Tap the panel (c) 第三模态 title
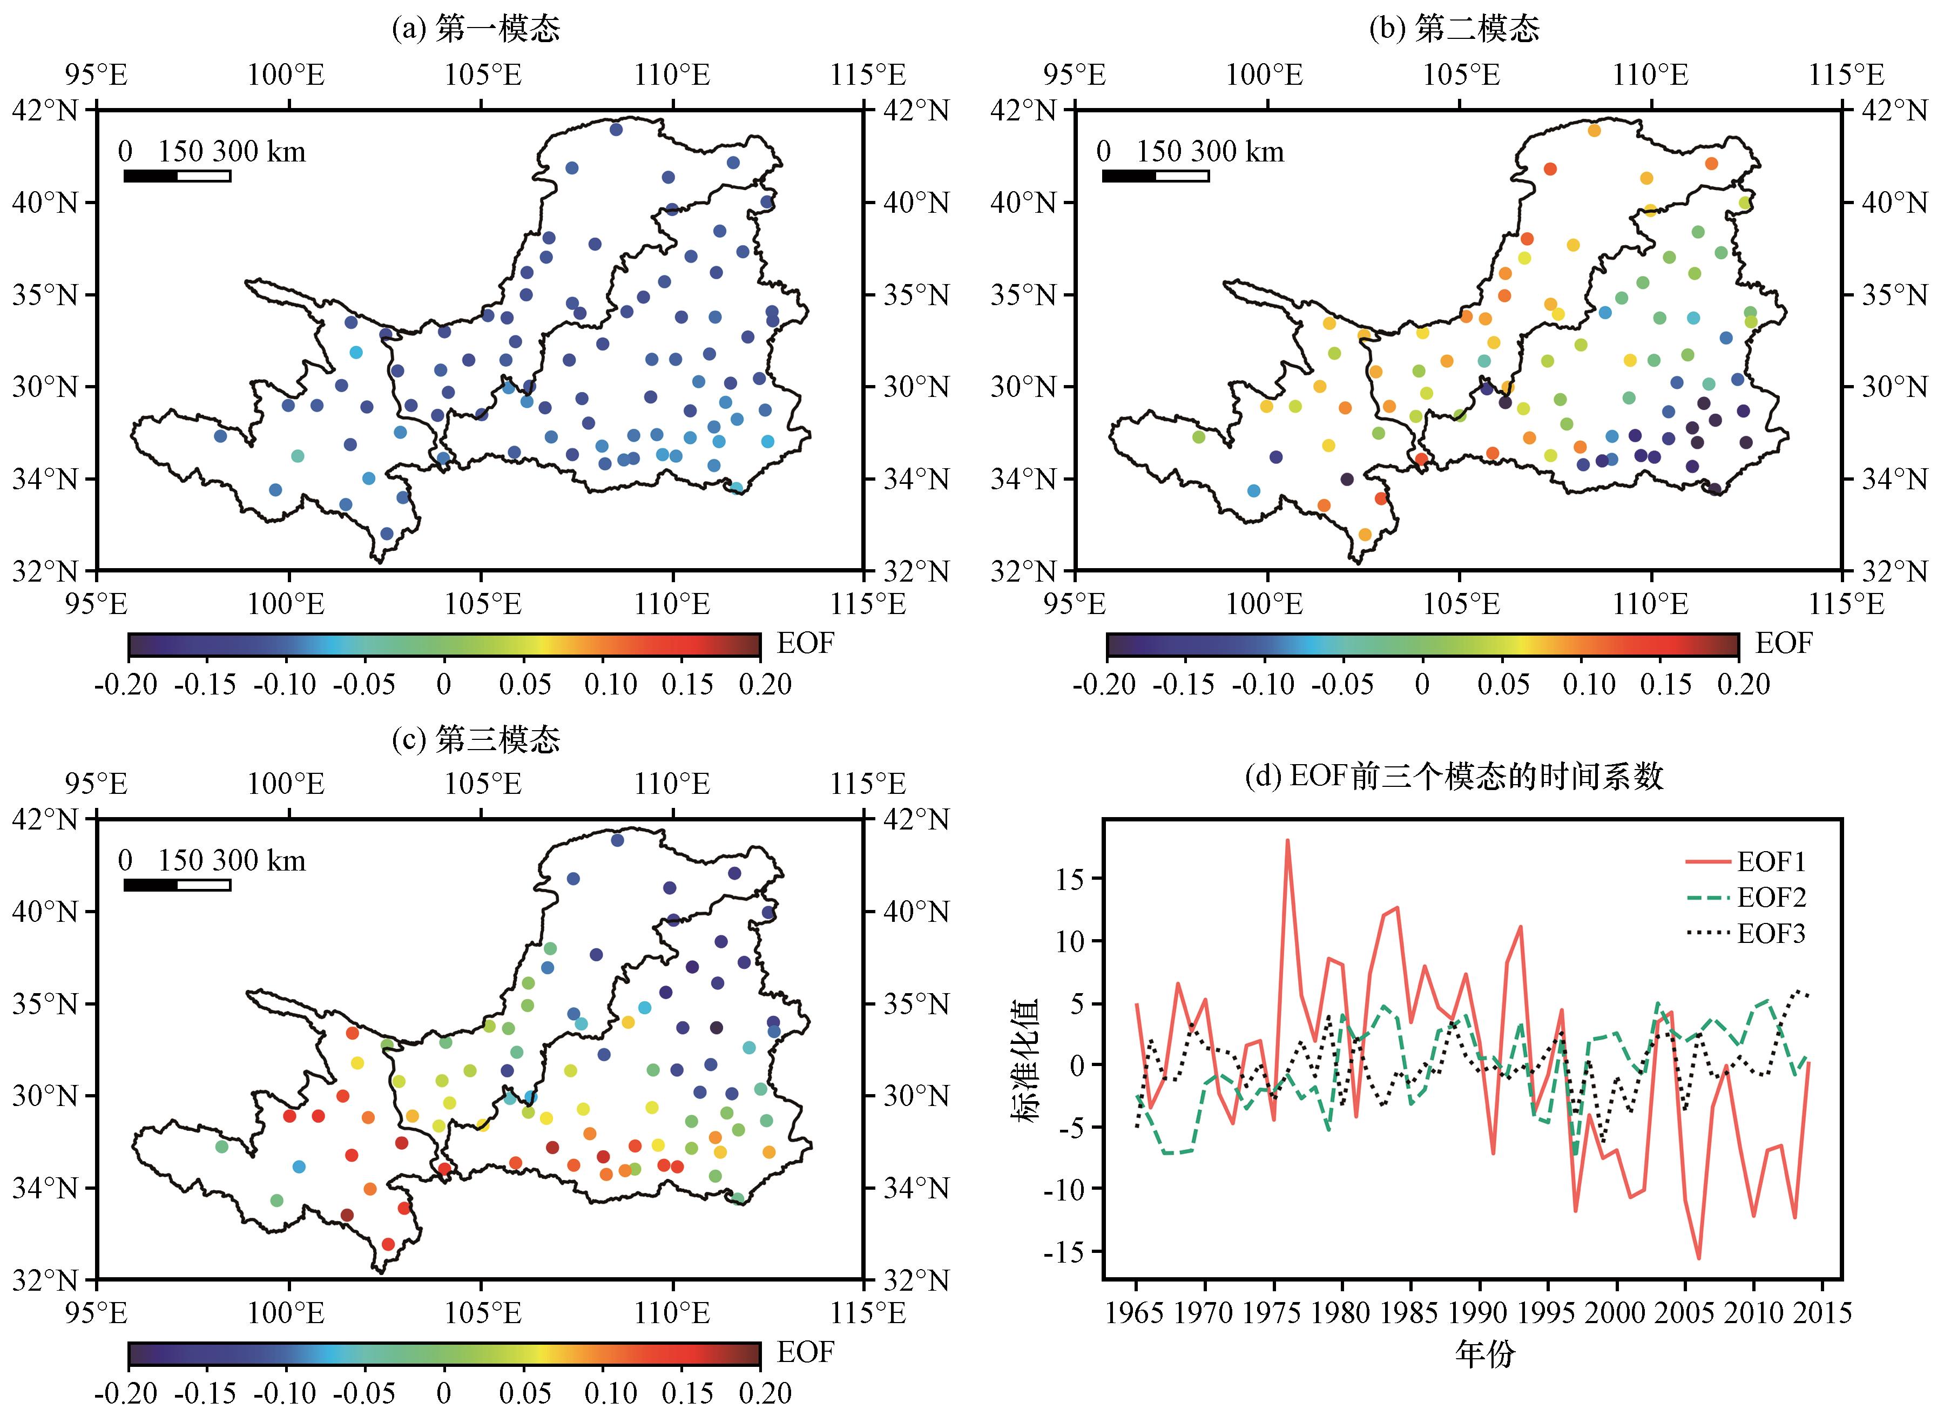476,739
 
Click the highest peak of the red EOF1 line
1287,841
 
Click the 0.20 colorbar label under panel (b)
1744,684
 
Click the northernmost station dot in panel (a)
616,130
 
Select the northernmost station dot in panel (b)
1594,130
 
